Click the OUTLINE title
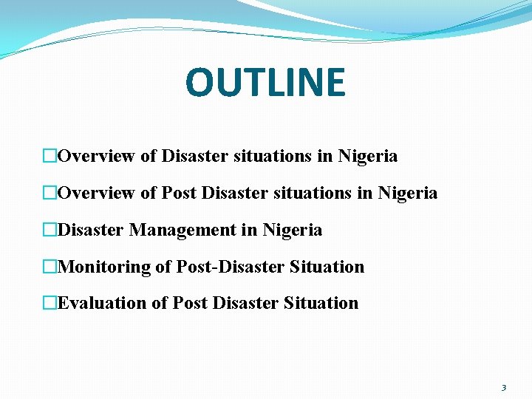point(265,82)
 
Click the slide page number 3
point(504,387)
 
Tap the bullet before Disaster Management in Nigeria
point(50,231)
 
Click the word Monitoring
point(103,267)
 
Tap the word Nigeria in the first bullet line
point(367,157)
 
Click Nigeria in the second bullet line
point(407,194)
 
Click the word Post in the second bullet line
point(178,194)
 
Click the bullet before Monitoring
point(50,267)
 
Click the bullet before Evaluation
point(50,303)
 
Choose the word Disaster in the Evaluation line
point(242,303)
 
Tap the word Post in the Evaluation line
point(188,303)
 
